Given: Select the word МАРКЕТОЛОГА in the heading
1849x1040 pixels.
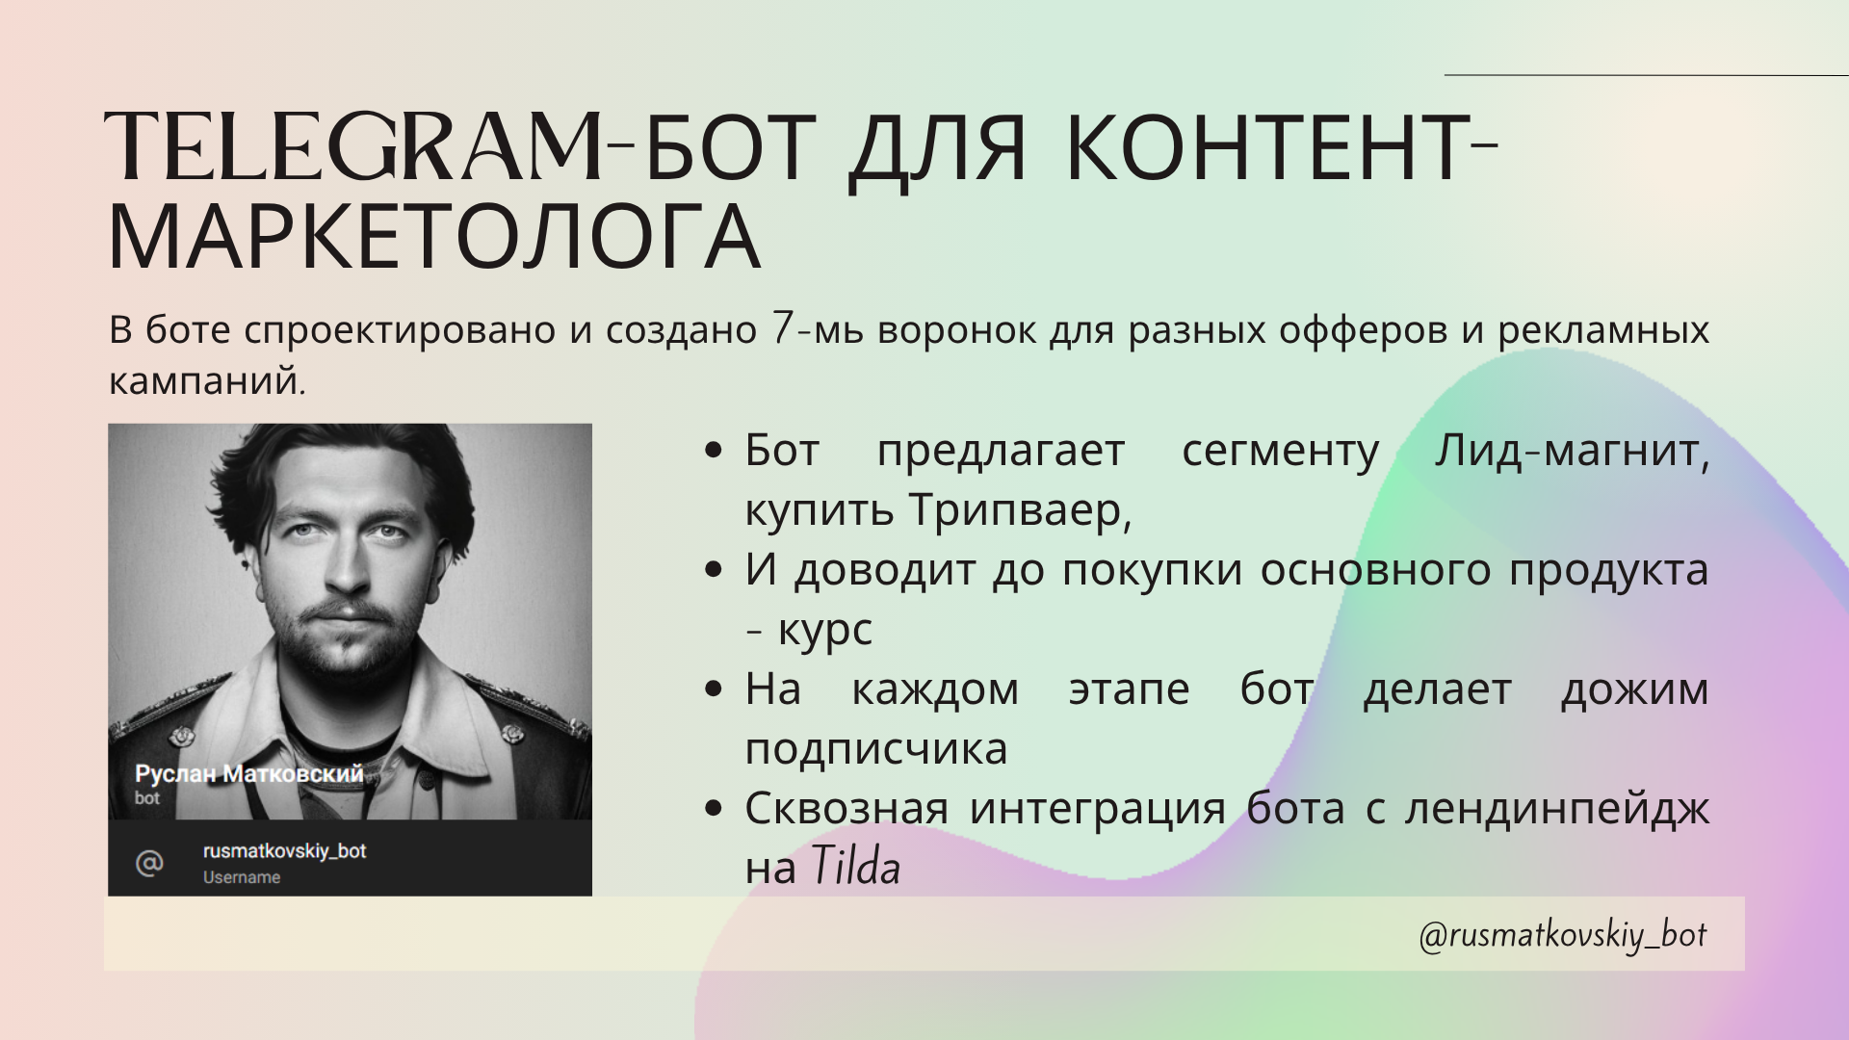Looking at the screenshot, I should [x=434, y=238].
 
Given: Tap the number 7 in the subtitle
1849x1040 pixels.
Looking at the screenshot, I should [x=782, y=329].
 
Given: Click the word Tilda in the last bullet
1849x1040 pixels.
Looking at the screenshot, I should [x=855, y=866].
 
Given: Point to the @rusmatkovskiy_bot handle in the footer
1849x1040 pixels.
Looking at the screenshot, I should [x=1562, y=935].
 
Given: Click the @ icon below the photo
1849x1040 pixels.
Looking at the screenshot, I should [x=149, y=862].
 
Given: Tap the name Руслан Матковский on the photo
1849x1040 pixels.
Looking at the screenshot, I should [x=248, y=773].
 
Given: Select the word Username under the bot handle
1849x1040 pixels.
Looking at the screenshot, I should [x=242, y=877].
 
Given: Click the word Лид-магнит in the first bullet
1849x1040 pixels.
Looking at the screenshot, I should [x=1571, y=451].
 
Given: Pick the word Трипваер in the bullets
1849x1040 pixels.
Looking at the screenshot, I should [x=1018, y=510].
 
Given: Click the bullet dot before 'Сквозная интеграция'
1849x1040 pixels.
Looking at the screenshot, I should [x=714, y=808].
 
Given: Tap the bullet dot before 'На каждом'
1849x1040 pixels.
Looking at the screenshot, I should [x=714, y=689].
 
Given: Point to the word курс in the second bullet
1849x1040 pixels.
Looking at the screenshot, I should [x=824, y=630].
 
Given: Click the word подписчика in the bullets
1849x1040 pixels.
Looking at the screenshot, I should [x=875, y=749].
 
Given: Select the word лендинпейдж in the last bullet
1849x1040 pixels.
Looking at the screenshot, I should [x=1556, y=808].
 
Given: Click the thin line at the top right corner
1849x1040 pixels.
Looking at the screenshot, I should [x=1647, y=75].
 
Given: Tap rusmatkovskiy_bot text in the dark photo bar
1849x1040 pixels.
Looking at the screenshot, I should [x=284, y=851].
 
